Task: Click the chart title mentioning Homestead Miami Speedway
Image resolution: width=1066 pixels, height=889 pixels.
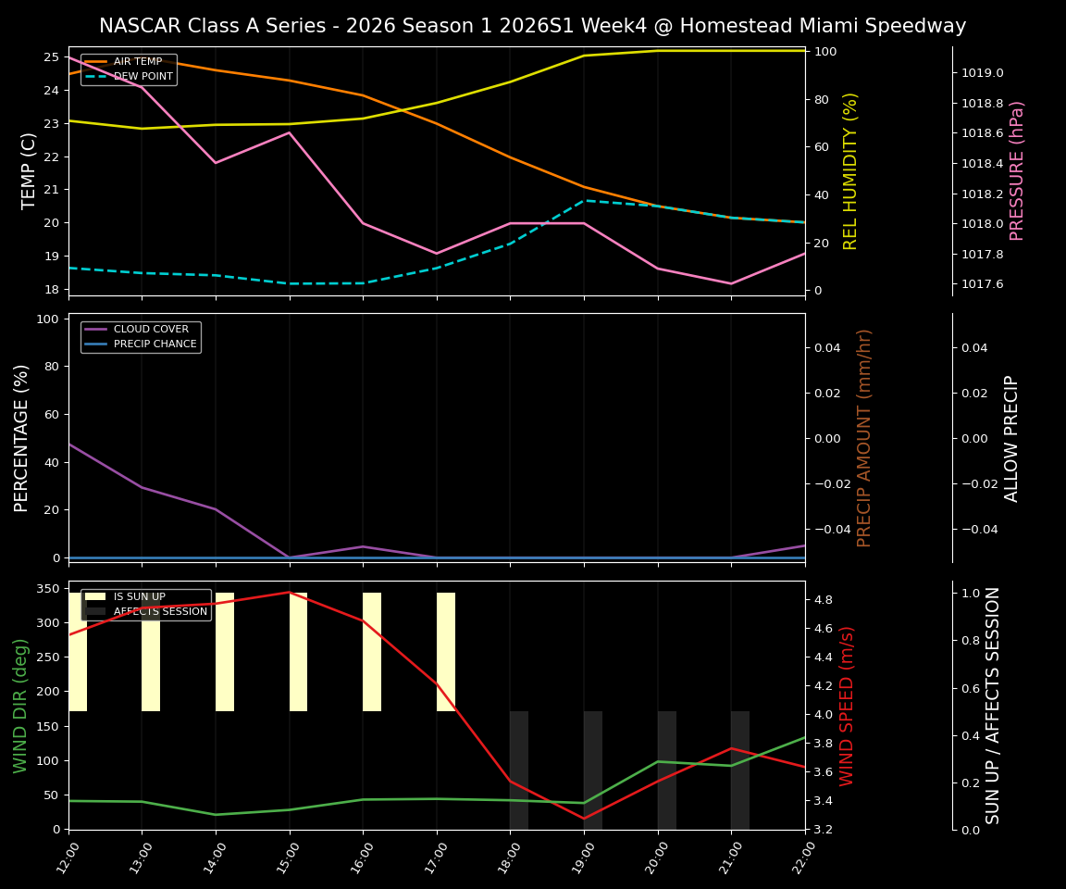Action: coord(532,26)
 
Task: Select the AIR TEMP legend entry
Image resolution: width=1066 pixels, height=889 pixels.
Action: coord(137,62)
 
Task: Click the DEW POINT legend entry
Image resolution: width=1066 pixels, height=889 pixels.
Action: coord(143,76)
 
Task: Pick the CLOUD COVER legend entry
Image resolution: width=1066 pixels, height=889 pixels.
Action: coord(151,330)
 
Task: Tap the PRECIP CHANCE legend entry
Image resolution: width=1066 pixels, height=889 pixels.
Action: coord(155,344)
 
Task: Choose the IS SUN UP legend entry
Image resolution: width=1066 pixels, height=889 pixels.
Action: coord(139,597)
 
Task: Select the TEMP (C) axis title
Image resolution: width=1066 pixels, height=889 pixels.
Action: coord(30,170)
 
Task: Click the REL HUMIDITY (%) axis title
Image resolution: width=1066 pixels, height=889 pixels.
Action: coord(851,170)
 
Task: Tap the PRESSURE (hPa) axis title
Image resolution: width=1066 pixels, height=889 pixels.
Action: coord(1017,170)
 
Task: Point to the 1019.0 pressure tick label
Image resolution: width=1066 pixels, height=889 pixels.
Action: coord(982,73)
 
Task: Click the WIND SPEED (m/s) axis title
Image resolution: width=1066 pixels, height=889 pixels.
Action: coord(848,705)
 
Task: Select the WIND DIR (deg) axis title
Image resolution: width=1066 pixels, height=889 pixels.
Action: coord(20,705)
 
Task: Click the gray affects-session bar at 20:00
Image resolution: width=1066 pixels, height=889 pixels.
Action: coord(666,770)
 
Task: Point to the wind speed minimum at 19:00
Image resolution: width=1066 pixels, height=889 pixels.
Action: coord(584,818)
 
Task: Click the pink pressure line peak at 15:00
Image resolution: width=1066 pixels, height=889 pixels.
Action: coord(290,132)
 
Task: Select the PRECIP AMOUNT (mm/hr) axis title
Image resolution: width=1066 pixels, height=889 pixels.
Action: coord(864,437)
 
